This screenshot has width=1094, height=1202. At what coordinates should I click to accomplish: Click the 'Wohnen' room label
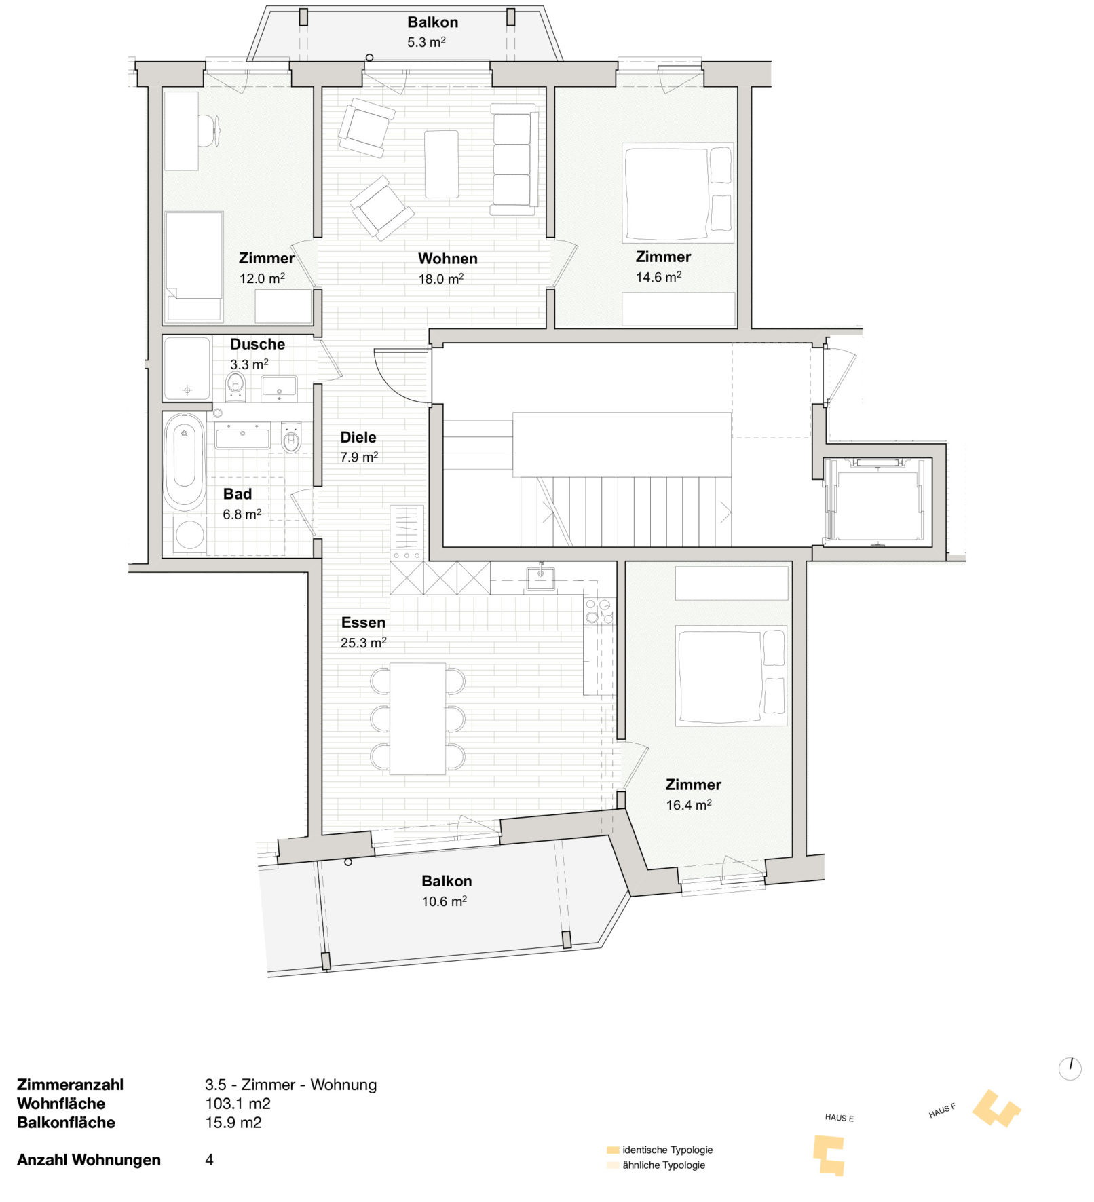coord(447,259)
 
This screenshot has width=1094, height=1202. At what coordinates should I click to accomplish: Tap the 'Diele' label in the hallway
coord(358,437)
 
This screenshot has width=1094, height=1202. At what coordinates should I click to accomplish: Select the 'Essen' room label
coord(363,622)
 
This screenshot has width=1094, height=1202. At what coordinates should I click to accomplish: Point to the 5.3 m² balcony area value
coord(426,42)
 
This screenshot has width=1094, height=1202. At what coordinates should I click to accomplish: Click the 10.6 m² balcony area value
coord(445,901)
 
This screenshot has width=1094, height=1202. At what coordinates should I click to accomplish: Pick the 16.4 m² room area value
coord(689,805)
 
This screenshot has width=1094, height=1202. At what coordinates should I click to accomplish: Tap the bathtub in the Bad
coord(184,462)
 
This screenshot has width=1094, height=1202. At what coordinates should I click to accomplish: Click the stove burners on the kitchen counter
coord(599,611)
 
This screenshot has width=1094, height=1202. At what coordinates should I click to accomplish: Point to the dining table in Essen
coord(417,719)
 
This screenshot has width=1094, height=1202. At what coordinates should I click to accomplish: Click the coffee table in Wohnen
coord(441,164)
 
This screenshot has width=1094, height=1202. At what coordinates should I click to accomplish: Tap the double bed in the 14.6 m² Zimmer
coord(678,193)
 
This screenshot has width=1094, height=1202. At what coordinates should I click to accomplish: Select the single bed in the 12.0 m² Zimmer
coord(194,266)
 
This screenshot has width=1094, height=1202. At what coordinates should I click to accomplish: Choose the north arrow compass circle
coord(1070,1069)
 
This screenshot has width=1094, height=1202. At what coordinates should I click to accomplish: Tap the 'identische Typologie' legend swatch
coord(613,1150)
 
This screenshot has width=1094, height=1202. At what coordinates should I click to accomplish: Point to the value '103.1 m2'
coord(238,1104)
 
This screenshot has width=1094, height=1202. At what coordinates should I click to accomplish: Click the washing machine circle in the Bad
coord(190,535)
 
